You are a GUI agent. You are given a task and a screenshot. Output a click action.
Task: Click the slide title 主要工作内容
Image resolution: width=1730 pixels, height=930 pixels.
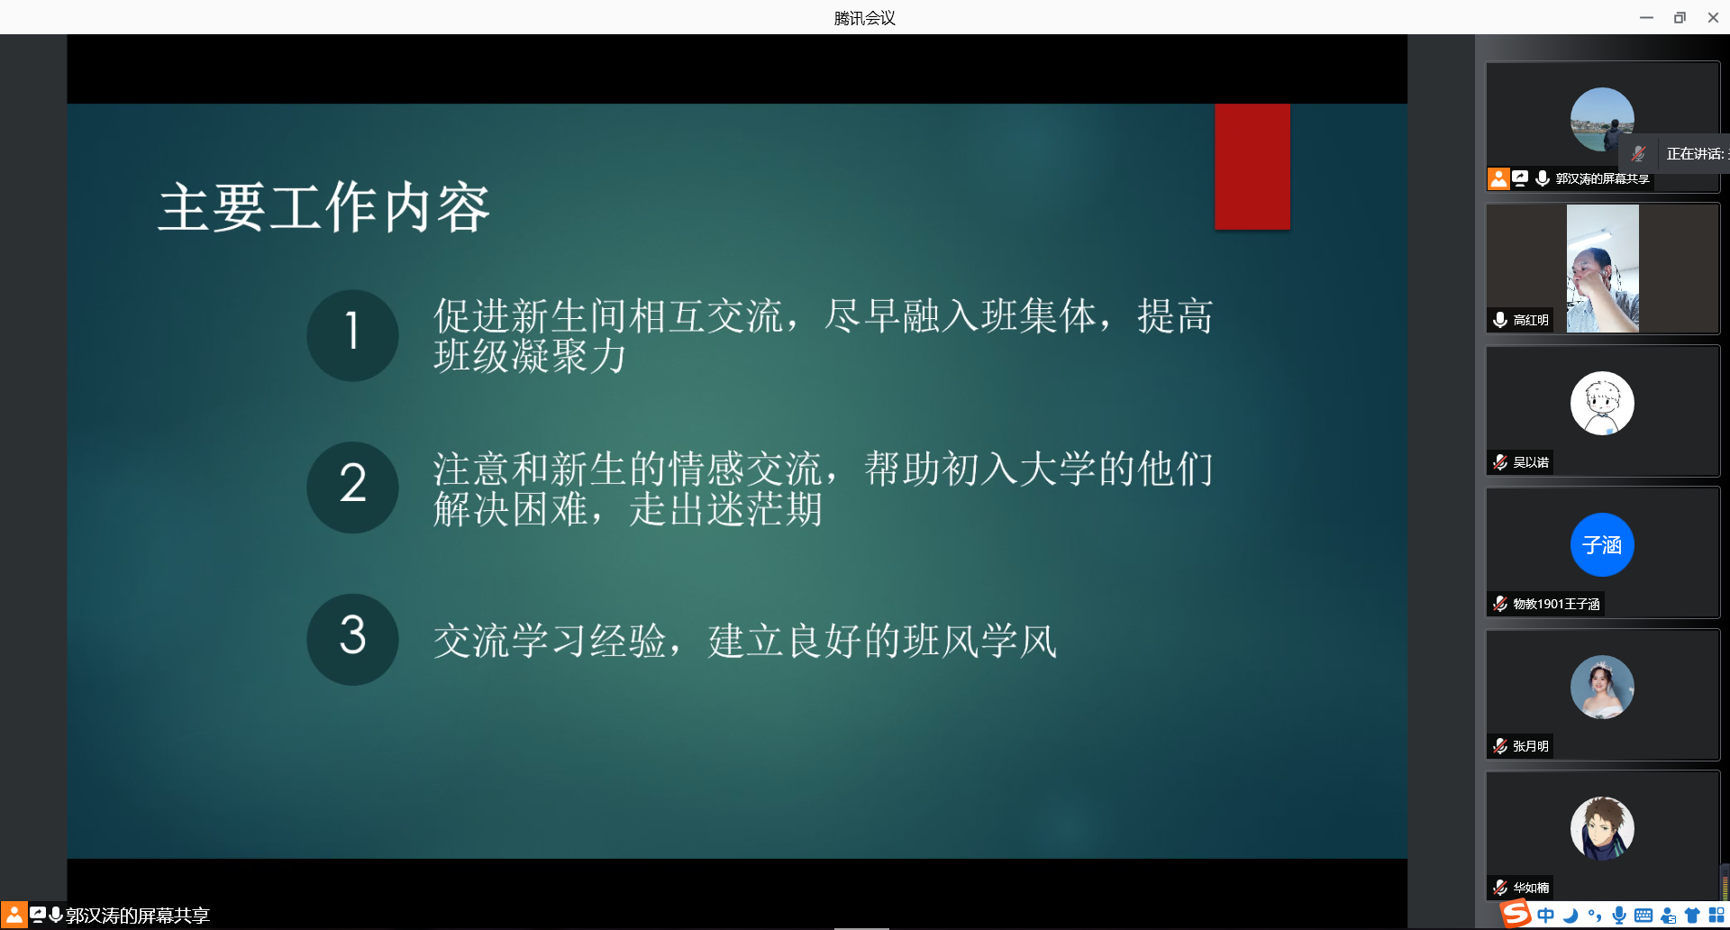click(x=324, y=207)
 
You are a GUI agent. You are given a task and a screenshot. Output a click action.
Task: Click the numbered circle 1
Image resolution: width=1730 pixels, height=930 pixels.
click(x=352, y=335)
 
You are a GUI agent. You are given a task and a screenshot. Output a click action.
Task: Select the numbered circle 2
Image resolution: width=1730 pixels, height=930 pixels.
click(x=352, y=488)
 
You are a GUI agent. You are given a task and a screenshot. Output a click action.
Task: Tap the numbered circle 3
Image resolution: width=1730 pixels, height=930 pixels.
click(x=352, y=640)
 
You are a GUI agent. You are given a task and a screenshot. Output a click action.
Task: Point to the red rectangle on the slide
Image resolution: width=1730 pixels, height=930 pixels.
click(x=1252, y=167)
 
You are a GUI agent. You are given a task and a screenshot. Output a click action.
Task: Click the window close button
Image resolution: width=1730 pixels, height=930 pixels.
click(x=1713, y=17)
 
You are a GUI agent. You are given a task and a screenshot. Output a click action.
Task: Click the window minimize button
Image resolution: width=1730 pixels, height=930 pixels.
click(x=1646, y=17)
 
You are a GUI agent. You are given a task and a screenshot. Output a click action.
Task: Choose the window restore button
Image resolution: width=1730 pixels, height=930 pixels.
click(x=1680, y=17)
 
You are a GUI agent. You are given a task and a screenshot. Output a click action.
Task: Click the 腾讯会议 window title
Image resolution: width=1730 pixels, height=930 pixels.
click(x=864, y=18)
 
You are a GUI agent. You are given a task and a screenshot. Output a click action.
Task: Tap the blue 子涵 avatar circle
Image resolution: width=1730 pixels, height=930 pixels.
click(x=1602, y=544)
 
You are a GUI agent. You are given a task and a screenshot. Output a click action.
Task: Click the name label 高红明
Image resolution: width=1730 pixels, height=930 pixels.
click(x=1531, y=320)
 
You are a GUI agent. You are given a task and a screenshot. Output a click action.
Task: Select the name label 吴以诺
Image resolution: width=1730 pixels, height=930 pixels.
click(x=1531, y=462)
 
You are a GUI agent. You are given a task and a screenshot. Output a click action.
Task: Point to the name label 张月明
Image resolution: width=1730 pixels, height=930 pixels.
click(x=1531, y=746)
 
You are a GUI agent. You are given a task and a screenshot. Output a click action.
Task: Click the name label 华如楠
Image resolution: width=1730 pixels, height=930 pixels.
click(x=1531, y=888)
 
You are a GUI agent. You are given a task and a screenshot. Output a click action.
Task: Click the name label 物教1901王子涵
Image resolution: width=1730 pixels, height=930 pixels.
click(x=1556, y=604)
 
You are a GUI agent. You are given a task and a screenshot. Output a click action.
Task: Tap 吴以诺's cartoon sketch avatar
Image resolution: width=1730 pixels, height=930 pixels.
click(x=1602, y=403)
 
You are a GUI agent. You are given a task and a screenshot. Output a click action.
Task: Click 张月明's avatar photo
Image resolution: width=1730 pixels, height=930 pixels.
click(x=1602, y=687)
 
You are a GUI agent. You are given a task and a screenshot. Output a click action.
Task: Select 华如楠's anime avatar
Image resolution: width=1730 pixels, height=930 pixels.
click(x=1602, y=828)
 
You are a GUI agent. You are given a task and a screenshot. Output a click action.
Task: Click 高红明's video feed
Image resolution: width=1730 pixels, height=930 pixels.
click(x=1603, y=269)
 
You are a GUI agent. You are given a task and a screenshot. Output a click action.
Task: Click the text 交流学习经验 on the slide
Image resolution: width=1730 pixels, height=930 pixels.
click(x=550, y=642)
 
